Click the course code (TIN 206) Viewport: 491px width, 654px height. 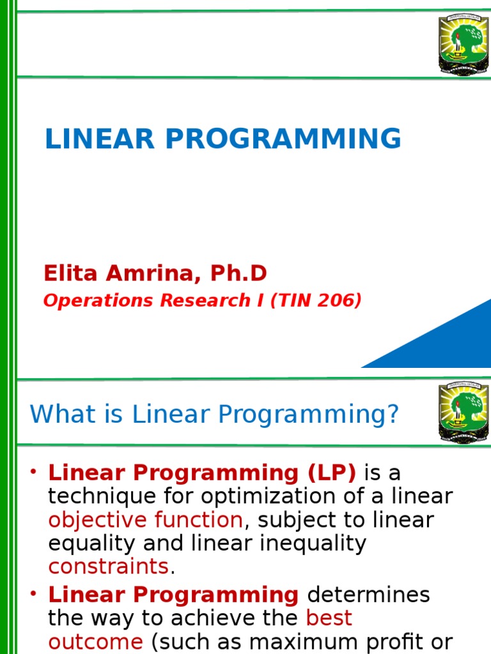point(316,301)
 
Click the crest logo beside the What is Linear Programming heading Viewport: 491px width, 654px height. point(463,412)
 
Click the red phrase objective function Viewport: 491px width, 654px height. point(145,520)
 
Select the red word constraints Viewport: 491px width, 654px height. point(108,567)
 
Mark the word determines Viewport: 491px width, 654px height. point(368,595)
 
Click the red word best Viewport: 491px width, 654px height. point(329,618)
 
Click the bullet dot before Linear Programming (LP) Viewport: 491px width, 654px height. point(33,473)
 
